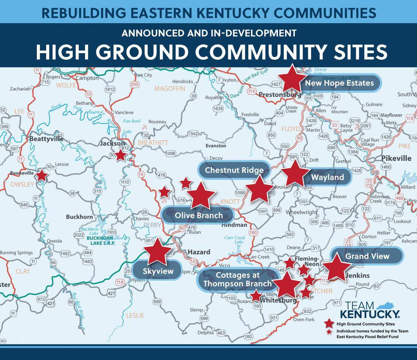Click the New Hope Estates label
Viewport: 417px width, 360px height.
coord(339,83)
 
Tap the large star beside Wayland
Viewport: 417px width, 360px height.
coord(295,174)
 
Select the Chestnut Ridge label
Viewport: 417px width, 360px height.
coord(234,170)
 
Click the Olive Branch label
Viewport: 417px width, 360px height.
coord(198,215)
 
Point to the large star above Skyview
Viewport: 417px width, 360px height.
coord(158,251)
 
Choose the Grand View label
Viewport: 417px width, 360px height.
coord(367,256)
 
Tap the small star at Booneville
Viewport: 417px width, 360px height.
coord(42,176)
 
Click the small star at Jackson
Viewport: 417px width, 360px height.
coord(121,155)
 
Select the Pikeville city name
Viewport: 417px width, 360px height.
coord(396,159)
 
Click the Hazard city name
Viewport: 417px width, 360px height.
coord(199,252)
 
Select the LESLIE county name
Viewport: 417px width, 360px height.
coord(135,315)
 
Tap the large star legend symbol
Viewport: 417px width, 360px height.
coord(329,323)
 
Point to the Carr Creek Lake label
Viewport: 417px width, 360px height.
coord(234,239)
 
